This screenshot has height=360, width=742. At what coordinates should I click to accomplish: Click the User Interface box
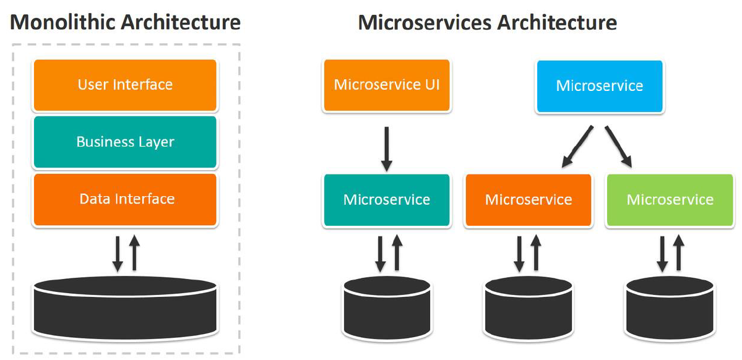pos(125,85)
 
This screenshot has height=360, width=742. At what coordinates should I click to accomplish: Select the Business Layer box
pos(125,142)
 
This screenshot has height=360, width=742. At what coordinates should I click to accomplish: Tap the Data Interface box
pos(125,199)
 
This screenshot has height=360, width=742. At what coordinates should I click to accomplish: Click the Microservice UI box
pos(386,85)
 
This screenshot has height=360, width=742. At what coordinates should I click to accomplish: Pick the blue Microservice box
pos(600,85)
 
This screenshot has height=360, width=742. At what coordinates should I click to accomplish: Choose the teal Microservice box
pos(386,200)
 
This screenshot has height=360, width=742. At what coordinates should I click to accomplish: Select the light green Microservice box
pos(670,200)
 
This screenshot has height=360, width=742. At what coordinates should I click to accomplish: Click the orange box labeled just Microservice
pos(528,200)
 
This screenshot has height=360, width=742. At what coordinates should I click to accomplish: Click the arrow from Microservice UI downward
pos(386,148)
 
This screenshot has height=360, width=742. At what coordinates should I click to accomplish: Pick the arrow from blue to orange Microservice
pos(577,147)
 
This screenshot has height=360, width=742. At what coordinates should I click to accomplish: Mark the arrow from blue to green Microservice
pos(619,147)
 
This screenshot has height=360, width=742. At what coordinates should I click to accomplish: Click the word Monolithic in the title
pos(63,23)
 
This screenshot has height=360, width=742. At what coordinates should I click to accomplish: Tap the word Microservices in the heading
pos(426,23)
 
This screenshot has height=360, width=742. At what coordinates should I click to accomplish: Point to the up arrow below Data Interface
pos(134,254)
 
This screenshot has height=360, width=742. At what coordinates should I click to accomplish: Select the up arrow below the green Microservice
pos(679,254)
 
